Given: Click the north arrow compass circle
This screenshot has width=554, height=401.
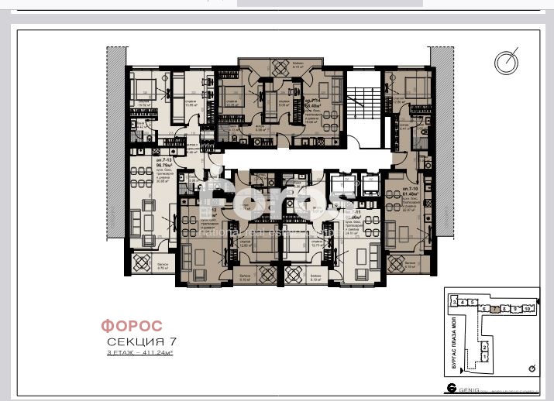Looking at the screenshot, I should point(507,61).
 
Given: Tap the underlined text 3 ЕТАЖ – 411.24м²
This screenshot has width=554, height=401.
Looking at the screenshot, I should point(139,352).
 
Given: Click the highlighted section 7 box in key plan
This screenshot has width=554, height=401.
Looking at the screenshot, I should point(494,308).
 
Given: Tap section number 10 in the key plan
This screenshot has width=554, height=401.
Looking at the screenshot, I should point(528,308).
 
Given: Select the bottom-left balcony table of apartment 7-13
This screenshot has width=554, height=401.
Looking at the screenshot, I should point(143,262).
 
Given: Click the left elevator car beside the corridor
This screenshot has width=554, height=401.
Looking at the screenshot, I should point(339,184).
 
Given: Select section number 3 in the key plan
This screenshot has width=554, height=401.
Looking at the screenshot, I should point(456,302).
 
